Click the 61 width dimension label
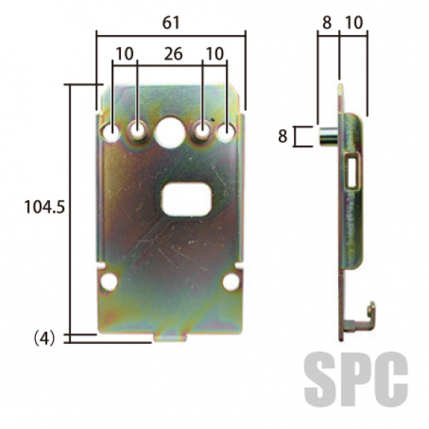[x=171, y=23]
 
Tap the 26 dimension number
[x=173, y=54]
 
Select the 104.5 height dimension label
[x=44, y=207]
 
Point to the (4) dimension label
[x=44, y=339]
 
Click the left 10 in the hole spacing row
[x=124, y=54]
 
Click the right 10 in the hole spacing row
[x=214, y=54]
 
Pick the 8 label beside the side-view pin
[x=282, y=136]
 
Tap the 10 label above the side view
[x=354, y=22]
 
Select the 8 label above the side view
[x=327, y=22]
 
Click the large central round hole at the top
[x=169, y=132]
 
